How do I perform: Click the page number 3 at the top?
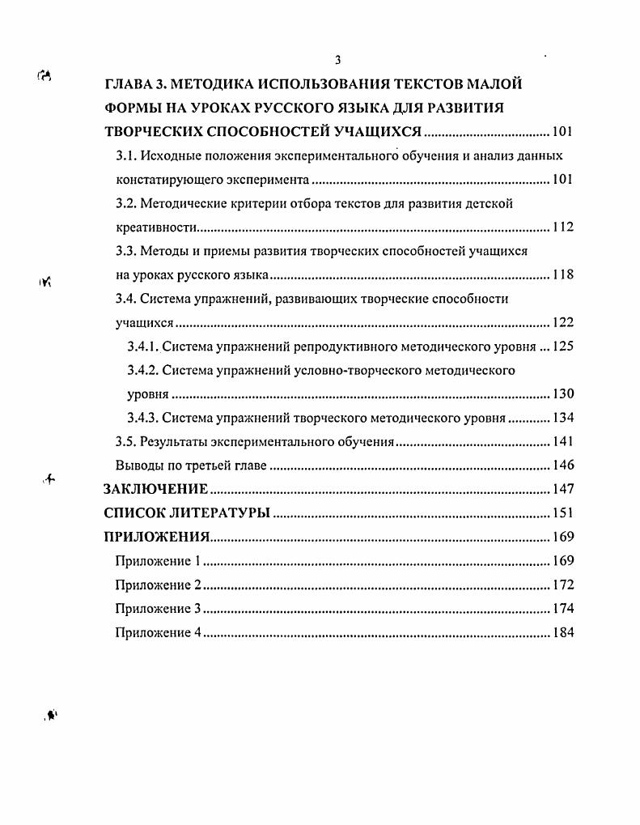[x=337, y=60]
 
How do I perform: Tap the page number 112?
[x=562, y=228]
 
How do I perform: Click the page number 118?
[x=562, y=275]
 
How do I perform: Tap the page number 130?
[x=562, y=395]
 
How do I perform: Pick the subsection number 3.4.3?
[x=143, y=419]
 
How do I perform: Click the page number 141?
[x=562, y=442]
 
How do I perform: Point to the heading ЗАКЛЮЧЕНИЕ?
[x=156, y=489]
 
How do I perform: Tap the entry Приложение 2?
[x=158, y=585]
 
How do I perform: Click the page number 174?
[x=562, y=609]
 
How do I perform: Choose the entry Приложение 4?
[x=158, y=633]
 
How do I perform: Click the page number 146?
[x=562, y=466]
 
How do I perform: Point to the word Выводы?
[x=138, y=466]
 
